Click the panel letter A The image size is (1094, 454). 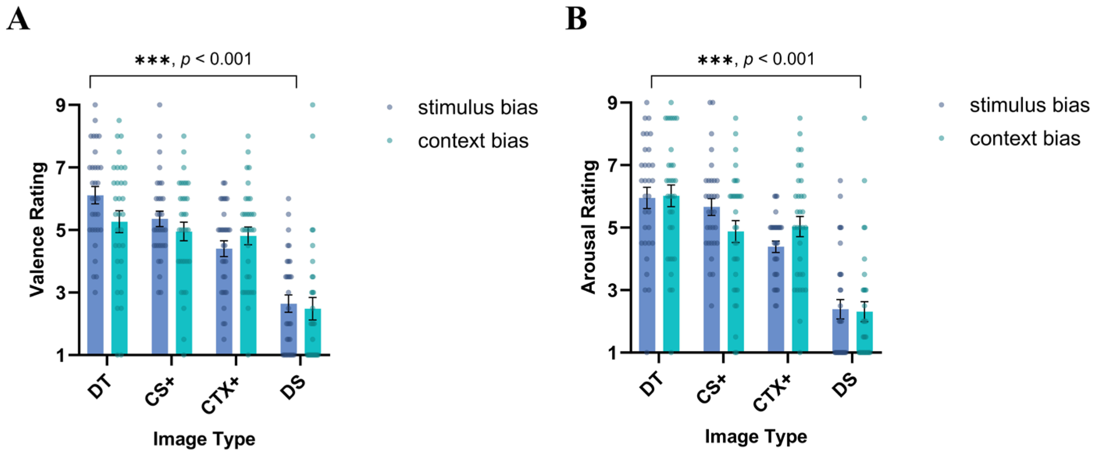18,20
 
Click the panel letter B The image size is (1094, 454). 576,19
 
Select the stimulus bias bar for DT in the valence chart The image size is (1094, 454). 95,276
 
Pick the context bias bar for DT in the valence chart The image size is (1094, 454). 120,289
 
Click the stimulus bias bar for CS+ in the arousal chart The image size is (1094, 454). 711,280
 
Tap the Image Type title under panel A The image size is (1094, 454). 204,439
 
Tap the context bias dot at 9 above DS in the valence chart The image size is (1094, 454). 312,105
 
